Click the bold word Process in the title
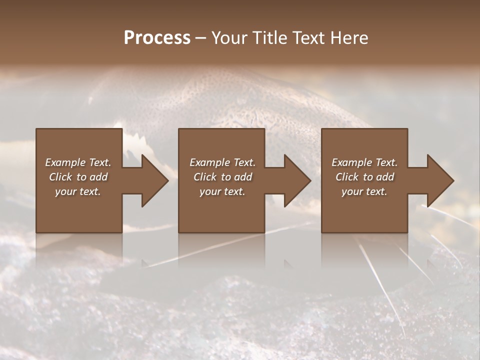[157, 38]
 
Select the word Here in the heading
[350, 38]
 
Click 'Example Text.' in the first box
[78, 162]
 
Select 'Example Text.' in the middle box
[222, 162]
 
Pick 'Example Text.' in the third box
[364, 162]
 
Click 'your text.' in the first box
[78, 191]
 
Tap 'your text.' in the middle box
[222, 191]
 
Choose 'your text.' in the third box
[364, 191]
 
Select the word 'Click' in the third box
[347, 177]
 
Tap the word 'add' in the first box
[98, 177]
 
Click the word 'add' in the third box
[385, 177]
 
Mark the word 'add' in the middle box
[243, 177]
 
